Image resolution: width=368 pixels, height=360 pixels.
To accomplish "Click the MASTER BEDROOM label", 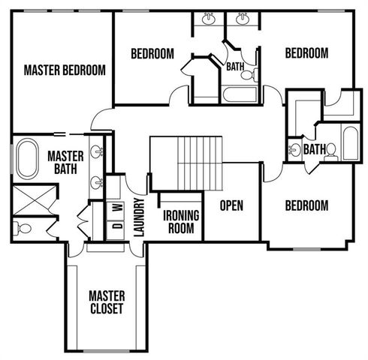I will coord(64,70).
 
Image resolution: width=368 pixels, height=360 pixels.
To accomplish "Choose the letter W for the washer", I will coord(117,207).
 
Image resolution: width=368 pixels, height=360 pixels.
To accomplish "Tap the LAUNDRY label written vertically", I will coord(138,217).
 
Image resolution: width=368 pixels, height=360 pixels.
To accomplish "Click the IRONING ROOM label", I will coord(181,222).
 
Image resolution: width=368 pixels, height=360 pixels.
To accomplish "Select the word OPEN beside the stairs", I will coord(231,205).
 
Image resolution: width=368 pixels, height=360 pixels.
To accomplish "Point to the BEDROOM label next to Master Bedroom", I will coord(152,53).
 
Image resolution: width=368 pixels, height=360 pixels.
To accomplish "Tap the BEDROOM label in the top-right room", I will coord(306,53).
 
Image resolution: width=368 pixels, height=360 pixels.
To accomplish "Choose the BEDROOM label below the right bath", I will coord(306,205).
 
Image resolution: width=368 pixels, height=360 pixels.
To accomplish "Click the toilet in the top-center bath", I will coord(255,74).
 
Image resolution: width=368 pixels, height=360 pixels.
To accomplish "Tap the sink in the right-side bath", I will coord(294,149).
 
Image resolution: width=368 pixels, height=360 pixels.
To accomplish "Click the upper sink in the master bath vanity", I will coord(97,152).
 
